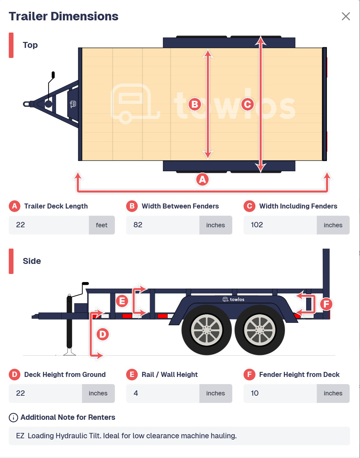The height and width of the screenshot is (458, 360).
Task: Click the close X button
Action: click(346, 16)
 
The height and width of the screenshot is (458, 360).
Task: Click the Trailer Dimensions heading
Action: click(64, 16)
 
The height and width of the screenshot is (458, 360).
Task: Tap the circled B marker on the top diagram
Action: click(194, 104)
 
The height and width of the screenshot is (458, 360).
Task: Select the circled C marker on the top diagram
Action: click(247, 104)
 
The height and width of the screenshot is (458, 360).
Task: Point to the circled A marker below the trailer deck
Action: click(202, 180)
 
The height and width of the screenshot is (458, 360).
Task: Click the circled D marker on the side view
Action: click(103, 334)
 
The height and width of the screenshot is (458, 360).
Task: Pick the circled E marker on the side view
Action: click(122, 301)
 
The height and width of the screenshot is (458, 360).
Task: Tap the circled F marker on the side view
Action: click(326, 304)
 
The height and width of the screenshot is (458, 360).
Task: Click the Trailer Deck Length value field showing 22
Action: click(49, 225)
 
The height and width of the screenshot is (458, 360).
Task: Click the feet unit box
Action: click(102, 225)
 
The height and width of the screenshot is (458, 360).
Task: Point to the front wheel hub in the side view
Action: click(207, 330)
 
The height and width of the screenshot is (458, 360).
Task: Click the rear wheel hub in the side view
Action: click(260, 330)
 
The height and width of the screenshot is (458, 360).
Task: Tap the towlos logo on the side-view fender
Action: click(233, 299)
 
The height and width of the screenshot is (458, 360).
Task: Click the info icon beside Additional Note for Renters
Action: click(13, 418)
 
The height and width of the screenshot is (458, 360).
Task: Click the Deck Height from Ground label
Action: click(65, 374)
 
